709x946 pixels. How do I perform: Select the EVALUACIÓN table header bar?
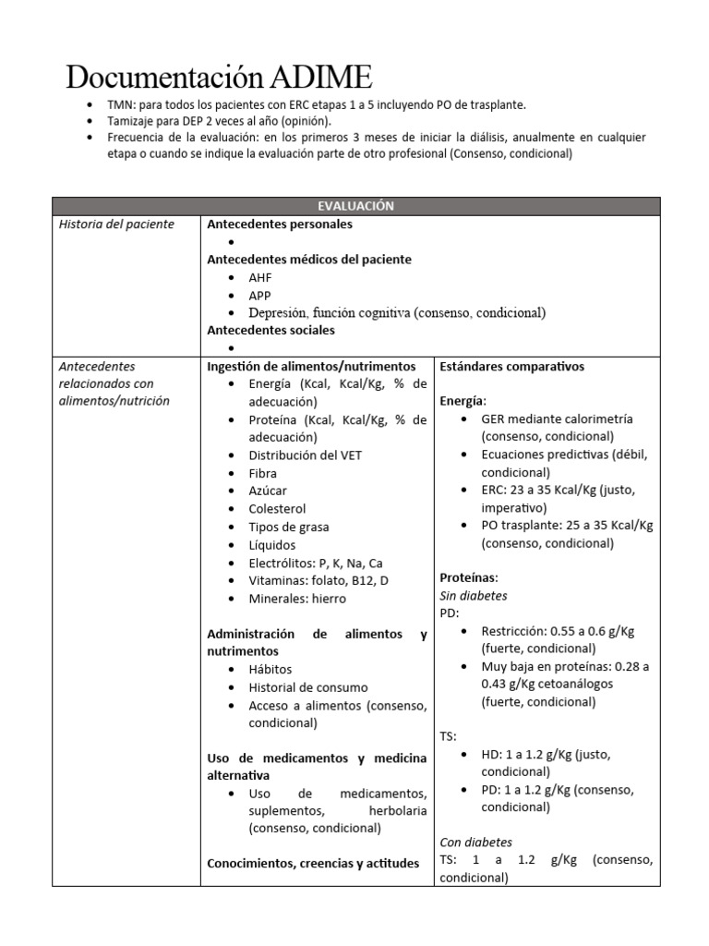coord(355,206)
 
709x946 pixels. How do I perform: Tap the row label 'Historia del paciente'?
coord(116,224)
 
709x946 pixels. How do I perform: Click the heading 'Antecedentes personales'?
coord(279,224)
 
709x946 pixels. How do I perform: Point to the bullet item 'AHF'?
coord(260,277)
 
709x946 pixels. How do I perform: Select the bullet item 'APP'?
coord(260,296)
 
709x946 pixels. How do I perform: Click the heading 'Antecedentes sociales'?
coord(270,330)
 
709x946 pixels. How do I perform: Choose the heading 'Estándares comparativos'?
coord(511,367)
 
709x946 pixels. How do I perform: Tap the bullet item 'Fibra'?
coord(262,473)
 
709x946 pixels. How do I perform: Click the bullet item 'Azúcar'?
coord(268,491)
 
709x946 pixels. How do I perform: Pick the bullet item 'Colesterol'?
coord(277,509)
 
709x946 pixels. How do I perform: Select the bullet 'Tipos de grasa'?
coord(288,527)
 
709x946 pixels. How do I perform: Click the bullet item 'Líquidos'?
coord(272,545)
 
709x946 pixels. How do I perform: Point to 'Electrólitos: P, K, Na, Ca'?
coord(316,563)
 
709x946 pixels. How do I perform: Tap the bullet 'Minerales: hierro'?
coord(297,599)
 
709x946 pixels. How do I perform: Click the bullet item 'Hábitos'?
coord(270,670)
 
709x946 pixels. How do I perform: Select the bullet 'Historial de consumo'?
coord(307,687)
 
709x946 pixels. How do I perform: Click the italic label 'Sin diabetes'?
coord(473,596)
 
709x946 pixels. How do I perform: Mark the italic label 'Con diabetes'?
coord(475,843)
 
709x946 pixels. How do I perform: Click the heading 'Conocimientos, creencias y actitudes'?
coord(313,864)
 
